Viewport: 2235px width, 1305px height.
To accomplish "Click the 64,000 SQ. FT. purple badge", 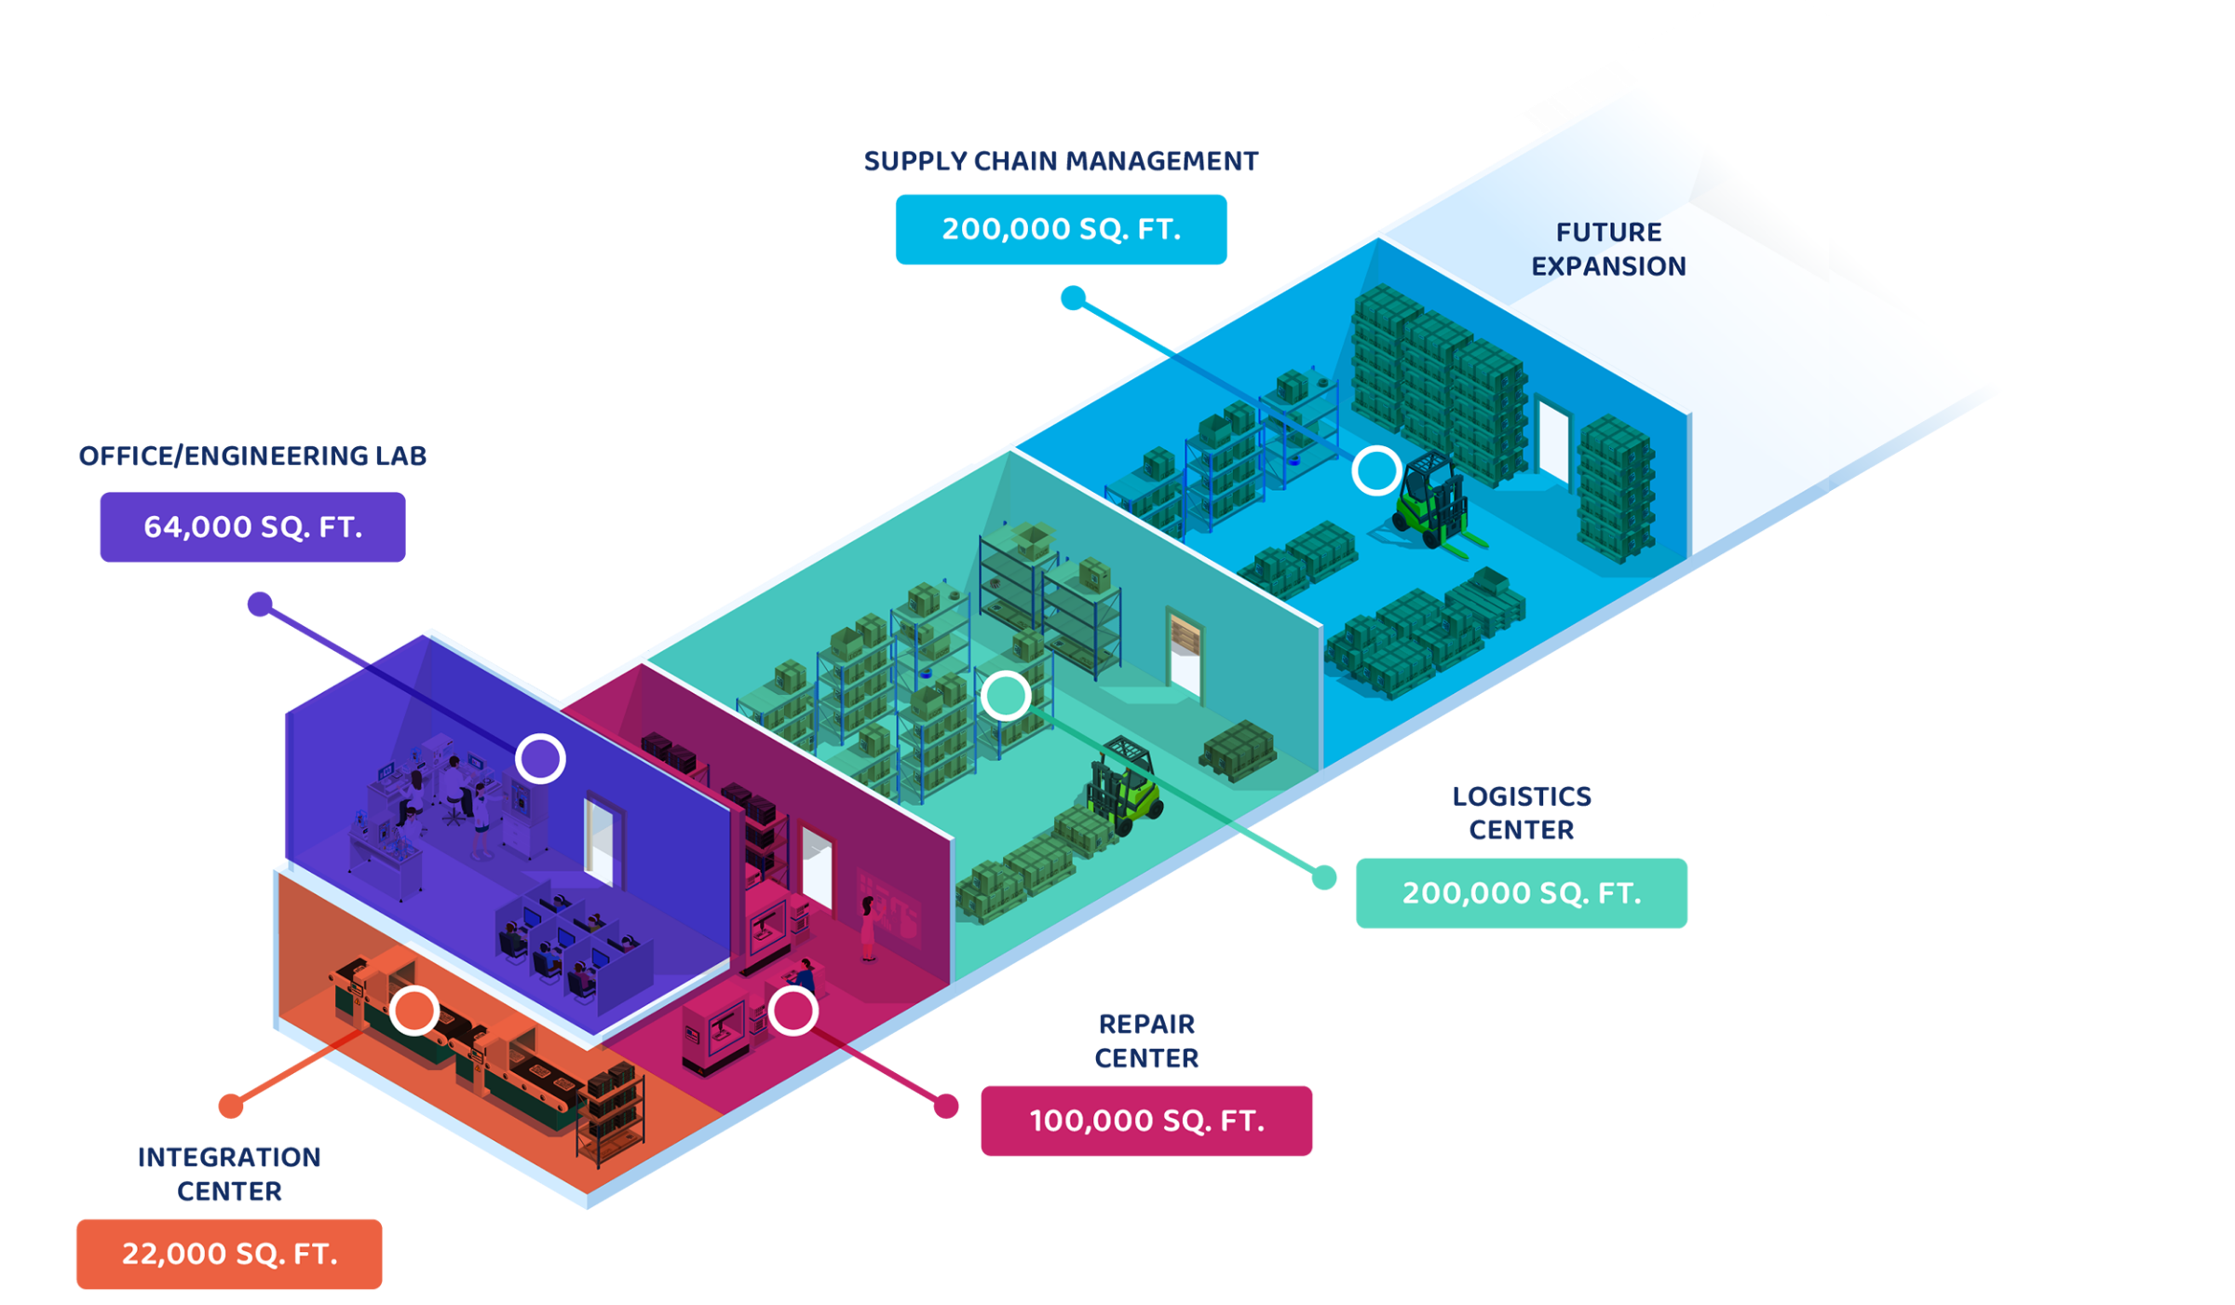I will point(252,527).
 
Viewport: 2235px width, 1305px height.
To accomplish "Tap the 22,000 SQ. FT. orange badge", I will point(229,1254).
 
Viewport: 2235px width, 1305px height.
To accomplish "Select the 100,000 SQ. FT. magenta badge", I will point(1146,1121).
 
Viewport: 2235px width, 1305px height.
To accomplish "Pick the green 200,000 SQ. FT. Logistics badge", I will point(1521,893).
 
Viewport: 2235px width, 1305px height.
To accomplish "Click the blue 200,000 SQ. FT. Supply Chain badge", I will point(1061,229).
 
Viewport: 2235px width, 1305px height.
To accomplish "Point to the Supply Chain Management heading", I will point(1061,162).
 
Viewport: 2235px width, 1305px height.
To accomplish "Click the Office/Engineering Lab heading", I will point(252,456).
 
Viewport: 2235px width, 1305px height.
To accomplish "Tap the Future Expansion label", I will point(1608,249).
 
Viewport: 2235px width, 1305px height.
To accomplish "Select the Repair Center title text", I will point(1146,1041).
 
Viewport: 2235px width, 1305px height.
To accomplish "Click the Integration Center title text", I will point(229,1174).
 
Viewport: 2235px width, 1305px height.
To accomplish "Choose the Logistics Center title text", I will point(1522,813).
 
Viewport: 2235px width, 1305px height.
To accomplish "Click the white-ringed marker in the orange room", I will point(414,1011).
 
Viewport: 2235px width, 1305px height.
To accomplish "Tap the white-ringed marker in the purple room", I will point(540,758).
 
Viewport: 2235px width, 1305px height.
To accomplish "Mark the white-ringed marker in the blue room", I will point(1376,469).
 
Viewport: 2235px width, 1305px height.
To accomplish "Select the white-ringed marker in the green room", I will point(1006,695).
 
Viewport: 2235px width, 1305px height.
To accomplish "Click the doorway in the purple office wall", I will point(599,838).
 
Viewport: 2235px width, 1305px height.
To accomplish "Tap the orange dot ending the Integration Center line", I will point(231,1106).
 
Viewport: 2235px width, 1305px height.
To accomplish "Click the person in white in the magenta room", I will point(869,927).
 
